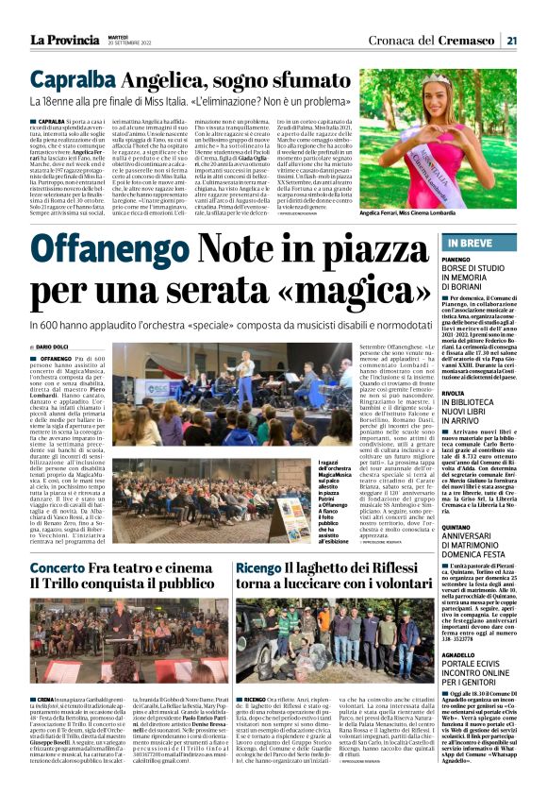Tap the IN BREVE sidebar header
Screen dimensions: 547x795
[x=481, y=245]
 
